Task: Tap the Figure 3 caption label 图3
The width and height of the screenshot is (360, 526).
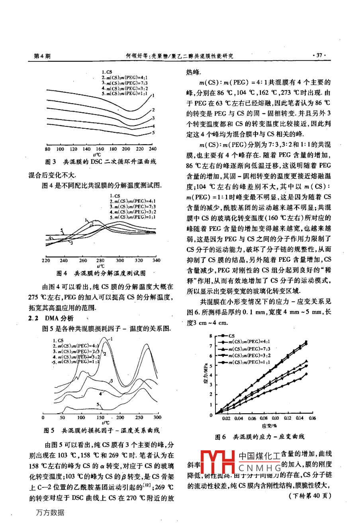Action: pos(51,162)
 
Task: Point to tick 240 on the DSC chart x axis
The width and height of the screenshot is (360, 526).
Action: pos(152,149)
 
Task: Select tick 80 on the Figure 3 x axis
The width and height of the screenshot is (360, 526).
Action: pos(47,149)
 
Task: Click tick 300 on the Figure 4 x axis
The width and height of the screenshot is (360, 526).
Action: pos(120,260)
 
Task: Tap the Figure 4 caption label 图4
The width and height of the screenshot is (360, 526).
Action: pos(62,273)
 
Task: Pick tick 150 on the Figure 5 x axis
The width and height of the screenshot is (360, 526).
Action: pos(100,417)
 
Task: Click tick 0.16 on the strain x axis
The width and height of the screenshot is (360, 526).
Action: pos(312,418)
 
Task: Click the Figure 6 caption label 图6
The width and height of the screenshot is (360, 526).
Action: pos(220,437)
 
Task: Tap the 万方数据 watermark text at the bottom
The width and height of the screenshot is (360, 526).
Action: pos(50,512)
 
